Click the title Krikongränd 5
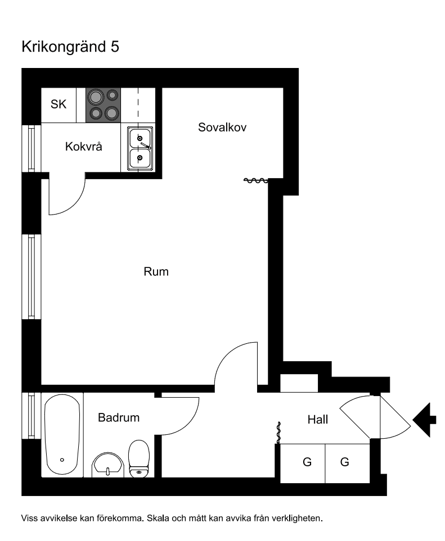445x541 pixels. tap(70, 47)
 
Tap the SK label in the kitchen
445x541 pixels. tap(59, 104)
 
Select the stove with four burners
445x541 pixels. tap(104, 105)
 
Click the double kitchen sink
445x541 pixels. tap(140, 149)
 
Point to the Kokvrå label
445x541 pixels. tap(84, 147)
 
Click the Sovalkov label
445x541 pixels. tap(222, 128)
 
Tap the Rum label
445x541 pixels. tap(156, 271)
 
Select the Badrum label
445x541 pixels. tap(119, 417)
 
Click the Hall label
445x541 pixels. tap(318, 420)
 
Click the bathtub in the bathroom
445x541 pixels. tap(62, 435)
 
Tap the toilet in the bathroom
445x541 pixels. tap(139, 458)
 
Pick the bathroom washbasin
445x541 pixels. tap(108, 465)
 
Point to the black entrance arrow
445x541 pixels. tap(424, 420)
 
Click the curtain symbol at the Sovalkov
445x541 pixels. tap(256, 180)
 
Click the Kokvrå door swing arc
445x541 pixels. tap(73, 203)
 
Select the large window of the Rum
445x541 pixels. tap(32, 277)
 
